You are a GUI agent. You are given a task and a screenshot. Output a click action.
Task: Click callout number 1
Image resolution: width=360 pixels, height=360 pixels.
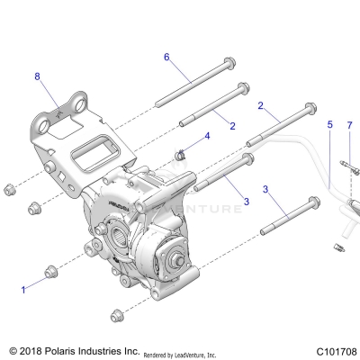[x=23, y=290]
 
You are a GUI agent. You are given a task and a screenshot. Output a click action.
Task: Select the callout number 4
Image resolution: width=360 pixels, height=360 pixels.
[x=208, y=137]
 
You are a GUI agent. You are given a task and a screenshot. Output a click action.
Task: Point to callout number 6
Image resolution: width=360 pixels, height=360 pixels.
[x=166, y=57]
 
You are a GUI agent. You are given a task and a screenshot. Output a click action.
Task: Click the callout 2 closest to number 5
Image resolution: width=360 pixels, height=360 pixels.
[x=261, y=106]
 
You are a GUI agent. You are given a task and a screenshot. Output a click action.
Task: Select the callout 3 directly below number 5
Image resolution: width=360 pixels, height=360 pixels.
[x=265, y=190]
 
